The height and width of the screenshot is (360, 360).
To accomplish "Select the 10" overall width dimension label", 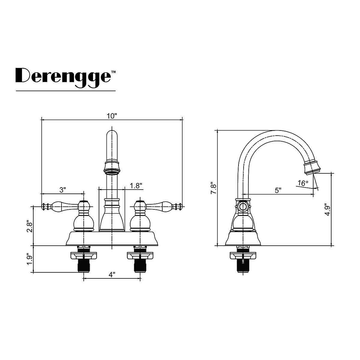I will coord(112,116).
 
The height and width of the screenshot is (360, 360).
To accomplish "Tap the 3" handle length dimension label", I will coord(62,190).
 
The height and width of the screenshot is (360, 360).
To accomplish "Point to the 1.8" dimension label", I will coord(136,186).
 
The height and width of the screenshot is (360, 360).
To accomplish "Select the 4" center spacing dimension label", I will coord(112,274).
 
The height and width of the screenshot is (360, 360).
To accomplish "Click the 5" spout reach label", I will coord(278,190).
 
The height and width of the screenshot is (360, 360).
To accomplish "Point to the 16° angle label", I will coord(303,183).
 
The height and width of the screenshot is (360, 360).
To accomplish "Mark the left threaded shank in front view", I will coord(83,265).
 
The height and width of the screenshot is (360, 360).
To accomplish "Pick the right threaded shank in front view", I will coord(140,265).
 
